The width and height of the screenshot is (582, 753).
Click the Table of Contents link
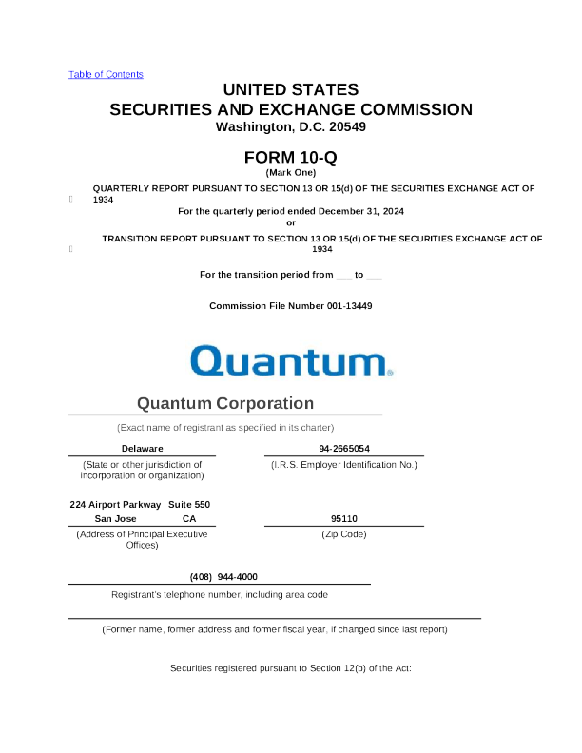tap(106, 74)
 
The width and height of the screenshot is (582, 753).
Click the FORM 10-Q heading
tap(291, 157)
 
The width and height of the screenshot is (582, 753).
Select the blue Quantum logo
tap(291, 361)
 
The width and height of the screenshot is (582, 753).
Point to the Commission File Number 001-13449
tap(290, 306)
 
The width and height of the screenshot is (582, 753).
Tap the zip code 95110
tap(343, 519)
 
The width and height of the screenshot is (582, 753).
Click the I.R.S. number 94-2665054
tap(344, 448)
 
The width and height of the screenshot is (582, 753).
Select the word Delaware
tap(142, 448)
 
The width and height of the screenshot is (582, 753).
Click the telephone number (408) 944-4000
tap(223, 577)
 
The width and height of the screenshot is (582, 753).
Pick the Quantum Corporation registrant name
tap(225, 403)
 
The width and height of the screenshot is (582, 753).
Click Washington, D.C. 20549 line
tap(291, 126)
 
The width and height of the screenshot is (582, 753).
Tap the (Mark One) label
tap(291, 172)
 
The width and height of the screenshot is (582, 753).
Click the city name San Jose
tap(115, 519)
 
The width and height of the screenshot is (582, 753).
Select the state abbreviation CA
tap(189, 519)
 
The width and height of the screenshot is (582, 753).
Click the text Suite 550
tap(189, 504)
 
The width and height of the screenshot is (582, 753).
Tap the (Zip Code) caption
tap(343, 534)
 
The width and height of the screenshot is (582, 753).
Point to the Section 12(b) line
tap(290, 669)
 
